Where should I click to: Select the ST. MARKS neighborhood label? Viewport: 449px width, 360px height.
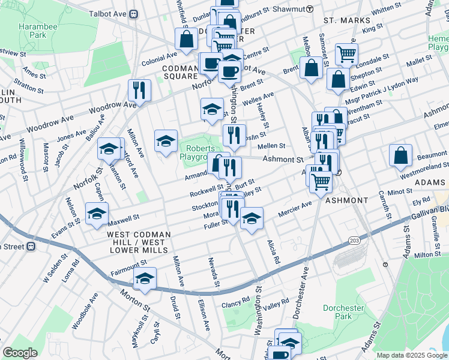point(343,20)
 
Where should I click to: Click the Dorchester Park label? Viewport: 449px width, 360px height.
point(343,312)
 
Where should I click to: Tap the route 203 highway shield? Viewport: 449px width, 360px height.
point(354,241)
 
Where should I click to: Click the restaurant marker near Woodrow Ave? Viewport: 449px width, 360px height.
point(139,91)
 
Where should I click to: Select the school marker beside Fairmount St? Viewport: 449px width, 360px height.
point(145,278)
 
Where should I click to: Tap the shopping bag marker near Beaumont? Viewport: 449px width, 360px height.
point(400,155)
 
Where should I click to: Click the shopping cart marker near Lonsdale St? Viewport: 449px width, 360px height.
point(346,54)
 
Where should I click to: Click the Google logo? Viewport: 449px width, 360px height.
point(20,353)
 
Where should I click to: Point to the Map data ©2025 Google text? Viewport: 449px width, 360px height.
point(411,355)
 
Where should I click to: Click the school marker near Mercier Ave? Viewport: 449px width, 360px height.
point(252,218)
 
